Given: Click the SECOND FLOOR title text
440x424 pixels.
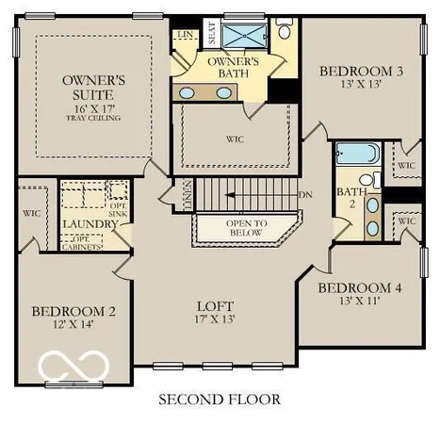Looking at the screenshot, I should [x=219, y=400].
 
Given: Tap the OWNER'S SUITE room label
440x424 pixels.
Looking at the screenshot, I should [x=92, y=88].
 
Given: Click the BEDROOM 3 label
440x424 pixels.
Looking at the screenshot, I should [x=354, y=71].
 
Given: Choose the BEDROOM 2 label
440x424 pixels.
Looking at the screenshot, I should [x=73, y=312].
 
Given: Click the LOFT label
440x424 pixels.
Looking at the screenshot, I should [x=215, y=306].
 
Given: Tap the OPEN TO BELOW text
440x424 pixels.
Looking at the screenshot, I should [x=247, y=227].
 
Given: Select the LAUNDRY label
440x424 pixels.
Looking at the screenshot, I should [x=89, y=224].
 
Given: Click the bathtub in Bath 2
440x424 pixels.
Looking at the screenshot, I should [x=358, y=154].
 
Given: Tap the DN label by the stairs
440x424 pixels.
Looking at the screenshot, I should [x=305, y=195].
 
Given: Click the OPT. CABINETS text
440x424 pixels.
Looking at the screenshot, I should [x=113, y=242].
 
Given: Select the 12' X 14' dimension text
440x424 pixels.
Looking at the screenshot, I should [x=73, y=326].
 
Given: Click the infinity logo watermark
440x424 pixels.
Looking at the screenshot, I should [x=73, y=366].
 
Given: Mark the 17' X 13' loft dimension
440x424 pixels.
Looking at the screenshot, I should [x=215, y=320].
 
